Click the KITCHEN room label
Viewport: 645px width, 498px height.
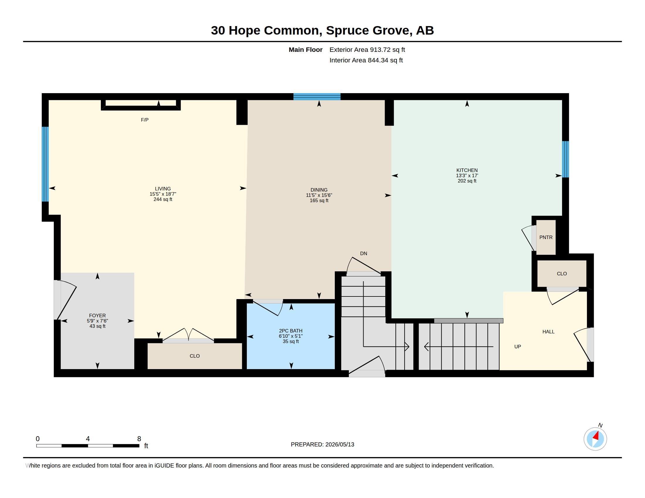pos(467,170)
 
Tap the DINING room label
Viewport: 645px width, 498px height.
pos(319,190)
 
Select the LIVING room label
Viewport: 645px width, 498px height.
pos(163,189)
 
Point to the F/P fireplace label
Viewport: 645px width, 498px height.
pos(145,120)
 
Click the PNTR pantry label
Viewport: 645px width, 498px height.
pos(546,237)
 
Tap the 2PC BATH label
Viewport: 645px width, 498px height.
pos(291,331)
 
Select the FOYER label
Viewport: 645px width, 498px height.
pos(97,315)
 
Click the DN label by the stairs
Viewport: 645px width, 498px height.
pos(364,253)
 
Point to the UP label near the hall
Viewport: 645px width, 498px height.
pos(517,347)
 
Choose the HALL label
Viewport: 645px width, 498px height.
pos(549,332)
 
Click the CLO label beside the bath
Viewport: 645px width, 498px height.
pos(195,356)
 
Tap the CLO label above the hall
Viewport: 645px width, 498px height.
pos(562,274)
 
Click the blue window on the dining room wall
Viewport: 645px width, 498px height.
pos(317,97)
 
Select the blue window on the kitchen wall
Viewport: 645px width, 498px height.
pos(565,159)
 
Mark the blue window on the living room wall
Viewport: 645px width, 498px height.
pos(45,164)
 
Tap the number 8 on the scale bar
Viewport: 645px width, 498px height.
pos(139,439)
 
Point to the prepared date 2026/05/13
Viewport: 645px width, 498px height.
pos(340,444)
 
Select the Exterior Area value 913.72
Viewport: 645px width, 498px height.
pos(379,50)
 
